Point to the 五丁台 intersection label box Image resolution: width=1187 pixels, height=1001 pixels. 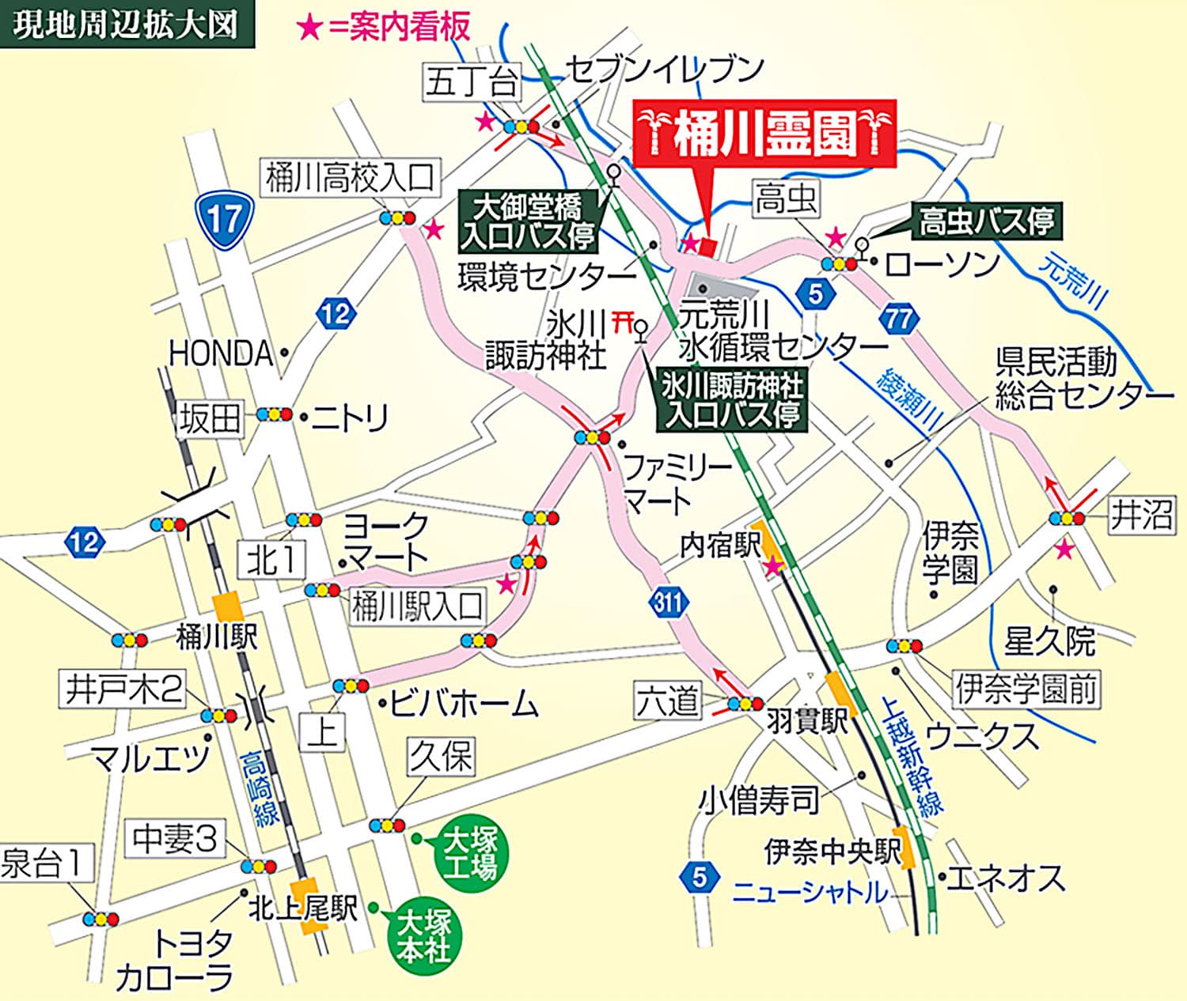472,81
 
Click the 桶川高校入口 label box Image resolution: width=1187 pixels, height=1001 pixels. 350,178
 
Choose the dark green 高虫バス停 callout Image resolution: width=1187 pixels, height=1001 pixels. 986,221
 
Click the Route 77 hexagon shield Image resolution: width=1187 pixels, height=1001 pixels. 898,319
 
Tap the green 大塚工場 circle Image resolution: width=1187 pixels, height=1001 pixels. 470,853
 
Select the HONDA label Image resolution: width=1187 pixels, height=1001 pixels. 221,353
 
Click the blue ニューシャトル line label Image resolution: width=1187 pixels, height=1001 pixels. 810,893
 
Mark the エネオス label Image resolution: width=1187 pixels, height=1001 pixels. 1006,878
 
